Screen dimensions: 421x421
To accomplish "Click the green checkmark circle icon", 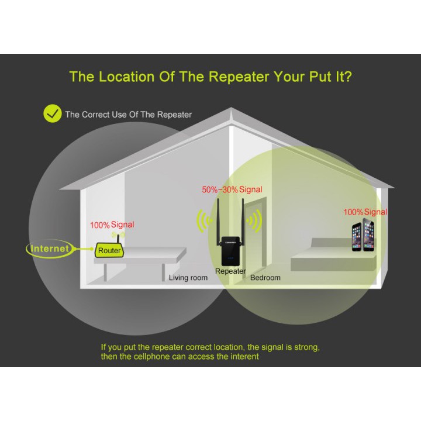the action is point(53,113).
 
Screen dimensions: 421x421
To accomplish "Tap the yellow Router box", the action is point(109,250).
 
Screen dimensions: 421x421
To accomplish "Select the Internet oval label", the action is point(50,249).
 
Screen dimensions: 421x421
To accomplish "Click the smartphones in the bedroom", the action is point(363,236).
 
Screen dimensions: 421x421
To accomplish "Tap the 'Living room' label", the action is point(188,278).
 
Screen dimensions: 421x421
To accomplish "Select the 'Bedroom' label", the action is point(265,278).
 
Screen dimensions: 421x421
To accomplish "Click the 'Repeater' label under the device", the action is point(230,271).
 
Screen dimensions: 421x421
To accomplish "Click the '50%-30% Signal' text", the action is point(232,189).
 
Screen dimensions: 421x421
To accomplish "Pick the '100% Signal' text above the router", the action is point(112,225).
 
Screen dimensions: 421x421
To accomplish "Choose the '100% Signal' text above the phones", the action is point(365,212).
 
